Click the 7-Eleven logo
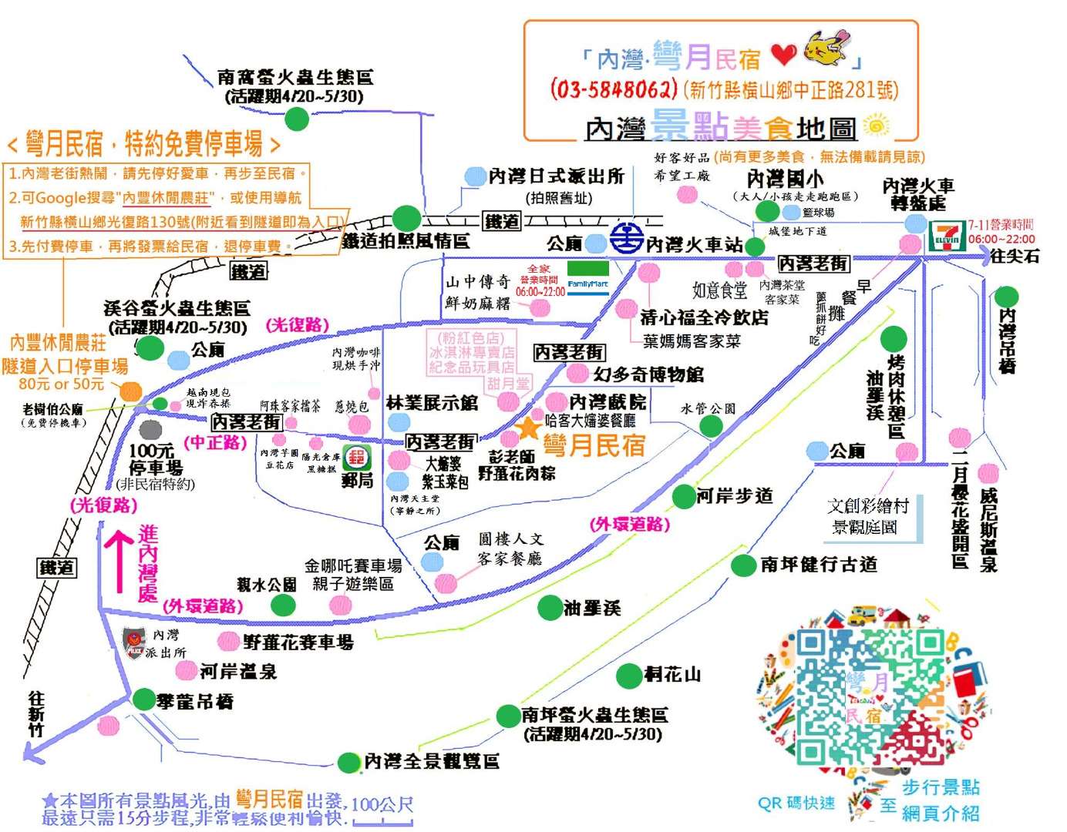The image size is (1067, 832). pos(947,237)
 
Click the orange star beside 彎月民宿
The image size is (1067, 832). pos(529,428)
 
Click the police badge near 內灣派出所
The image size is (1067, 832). pos(134,642)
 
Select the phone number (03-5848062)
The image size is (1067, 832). pos(614,89)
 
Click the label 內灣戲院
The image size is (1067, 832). pos(608,402)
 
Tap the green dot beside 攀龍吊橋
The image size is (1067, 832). pos(144,699)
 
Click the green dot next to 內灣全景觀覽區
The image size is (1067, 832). pos(349,762)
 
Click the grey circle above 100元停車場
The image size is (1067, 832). pos(150,428)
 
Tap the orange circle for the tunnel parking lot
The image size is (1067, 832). pos(130,391)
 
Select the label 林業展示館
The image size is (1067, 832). pos(432,402)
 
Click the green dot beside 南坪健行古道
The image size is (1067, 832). pos(743,565)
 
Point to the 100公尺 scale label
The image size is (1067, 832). pos(382,805)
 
